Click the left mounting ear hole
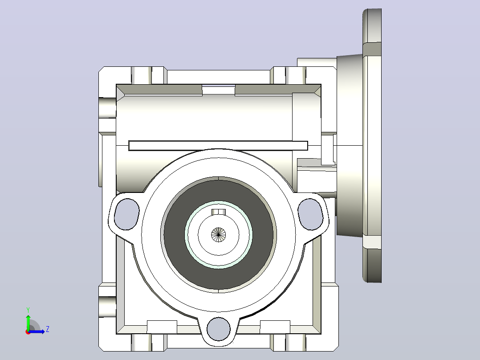tap(126, 214)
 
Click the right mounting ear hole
tap(310, 214)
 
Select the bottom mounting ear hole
tap(219, 329)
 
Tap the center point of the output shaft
tap(219, 235)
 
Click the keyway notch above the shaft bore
tap(219, 212)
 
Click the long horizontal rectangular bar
tap(218, 146)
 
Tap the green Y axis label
tap(28, 310)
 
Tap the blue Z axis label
tap(48, 329)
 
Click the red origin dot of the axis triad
tap(28, 332)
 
